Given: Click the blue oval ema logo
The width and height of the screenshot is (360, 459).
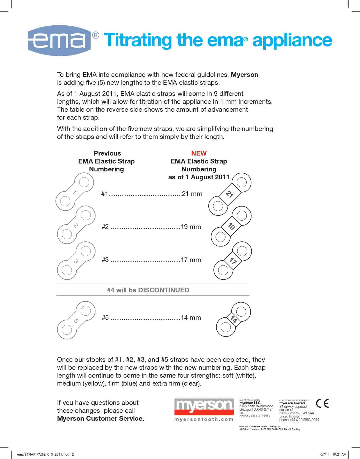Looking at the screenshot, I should tap(59, 41).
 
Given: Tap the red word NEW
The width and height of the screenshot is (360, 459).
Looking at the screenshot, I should tap(199, 153).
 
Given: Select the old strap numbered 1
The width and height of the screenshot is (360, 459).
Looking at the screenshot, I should tap(74, 192).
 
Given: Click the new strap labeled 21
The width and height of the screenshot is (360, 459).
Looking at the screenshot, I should tap(230, 194).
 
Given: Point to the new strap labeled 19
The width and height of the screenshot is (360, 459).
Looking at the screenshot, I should tap(231, 227).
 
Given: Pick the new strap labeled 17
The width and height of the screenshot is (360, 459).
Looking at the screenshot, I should tap(232, 261).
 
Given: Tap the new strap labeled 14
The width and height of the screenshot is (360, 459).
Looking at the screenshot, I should tap(233, 320).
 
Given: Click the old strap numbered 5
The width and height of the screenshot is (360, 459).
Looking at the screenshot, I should tap(76, 321).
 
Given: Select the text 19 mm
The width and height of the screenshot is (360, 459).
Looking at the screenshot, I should tap(191, 227).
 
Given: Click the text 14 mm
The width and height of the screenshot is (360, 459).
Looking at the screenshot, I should tap(191, 318).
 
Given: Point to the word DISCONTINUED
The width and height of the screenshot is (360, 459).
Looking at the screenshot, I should tap(163, 290).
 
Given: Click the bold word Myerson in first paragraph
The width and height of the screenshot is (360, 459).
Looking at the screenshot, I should tap(244, 75).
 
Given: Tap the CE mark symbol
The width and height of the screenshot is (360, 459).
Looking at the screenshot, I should tap(322, 403).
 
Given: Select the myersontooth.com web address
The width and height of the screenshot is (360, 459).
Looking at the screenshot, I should tap(204, 419).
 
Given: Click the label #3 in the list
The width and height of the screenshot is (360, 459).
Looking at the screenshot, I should tap(105, 260).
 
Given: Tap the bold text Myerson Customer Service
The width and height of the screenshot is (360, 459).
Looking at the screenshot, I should tap(101, 419).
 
